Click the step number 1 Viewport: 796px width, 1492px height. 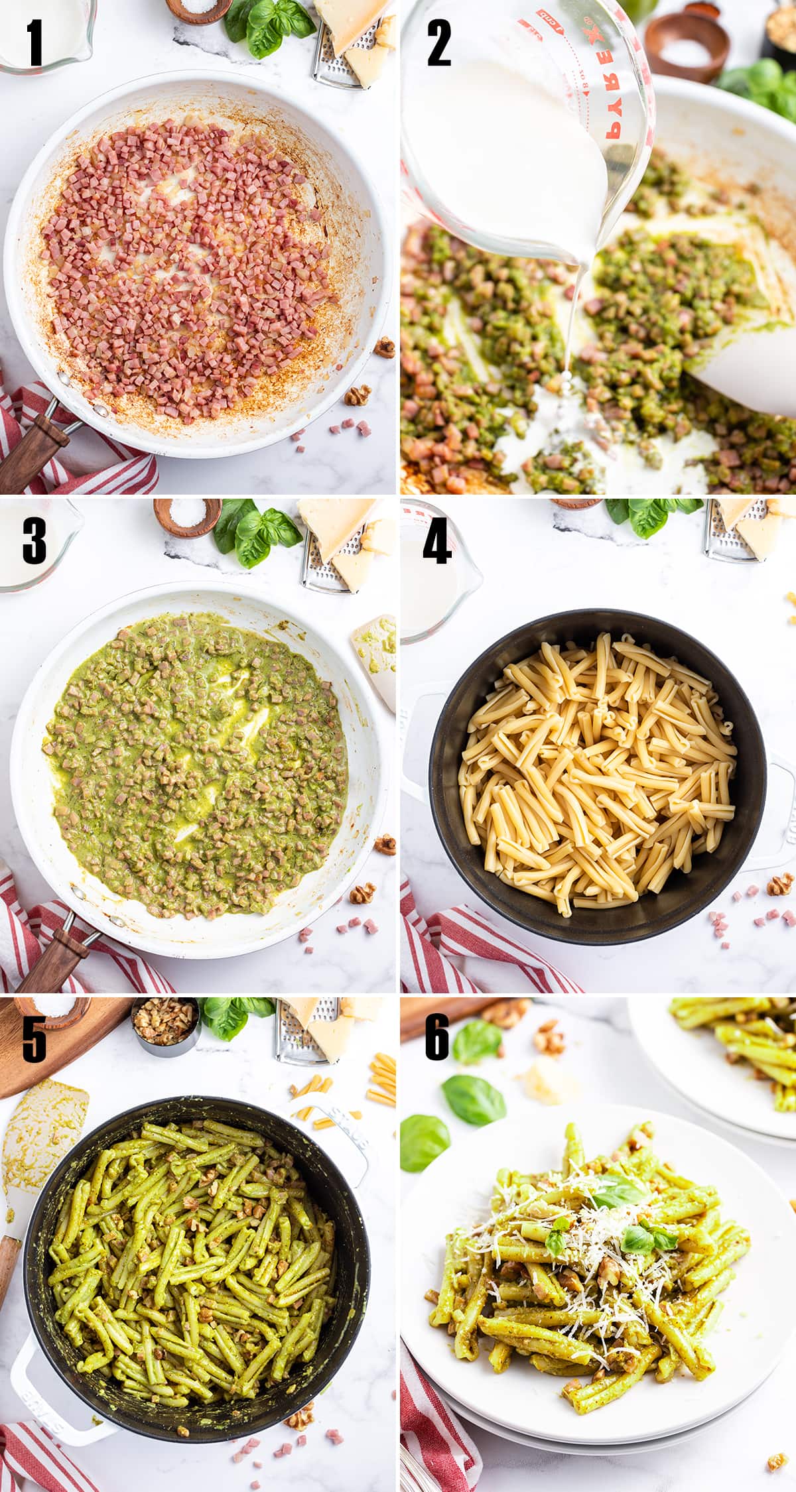pos(34,43)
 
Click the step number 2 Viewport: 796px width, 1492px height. pos(438,43)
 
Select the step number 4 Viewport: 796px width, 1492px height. pos(437,542)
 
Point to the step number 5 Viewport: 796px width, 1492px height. pos(34,1039)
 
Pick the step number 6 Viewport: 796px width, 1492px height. pos(436,1039)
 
